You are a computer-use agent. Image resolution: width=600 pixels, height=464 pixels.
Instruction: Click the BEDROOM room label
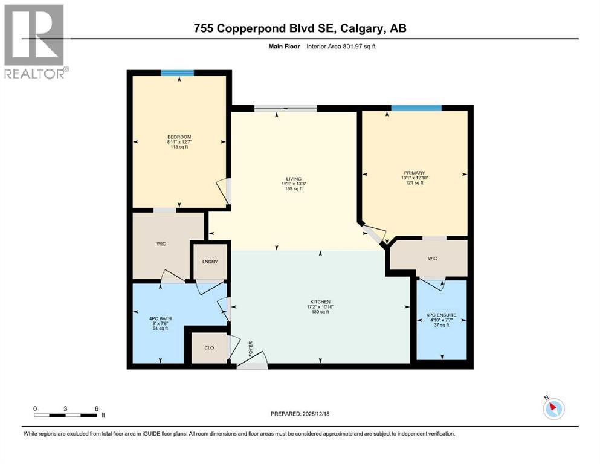(x=179, y=136)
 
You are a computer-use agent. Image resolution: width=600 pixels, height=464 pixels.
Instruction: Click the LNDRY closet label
(x=210, y=261)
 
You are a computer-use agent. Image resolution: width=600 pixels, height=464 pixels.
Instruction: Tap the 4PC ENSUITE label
(x=441, y=315)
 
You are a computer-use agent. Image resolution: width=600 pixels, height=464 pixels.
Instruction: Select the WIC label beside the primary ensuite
(x=432, y=259)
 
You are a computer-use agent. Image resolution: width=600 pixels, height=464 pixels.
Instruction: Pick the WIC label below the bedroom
(x=160, y=244)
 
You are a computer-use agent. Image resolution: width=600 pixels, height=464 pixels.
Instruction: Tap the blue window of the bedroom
(x=177, y=73)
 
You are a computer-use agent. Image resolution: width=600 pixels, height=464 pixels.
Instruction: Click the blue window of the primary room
(x=416, y=108)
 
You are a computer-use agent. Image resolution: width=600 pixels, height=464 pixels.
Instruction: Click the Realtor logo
(x=35, y=41)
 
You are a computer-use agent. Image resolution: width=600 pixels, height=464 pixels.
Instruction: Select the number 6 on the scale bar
(x=97, y=408)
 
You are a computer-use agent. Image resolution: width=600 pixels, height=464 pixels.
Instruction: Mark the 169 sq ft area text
(x=294, y=189)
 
